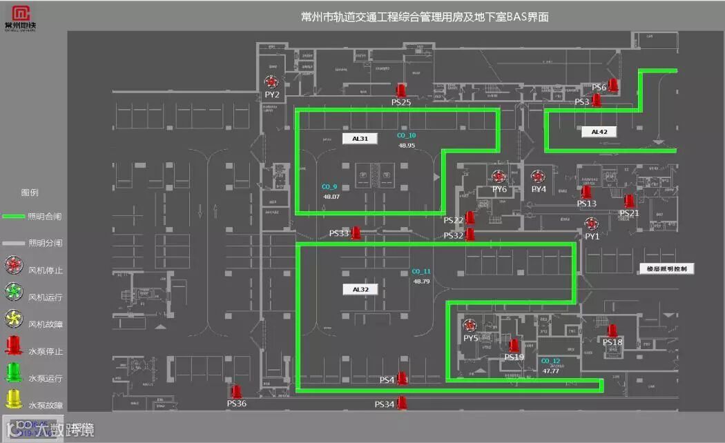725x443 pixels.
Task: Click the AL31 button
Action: pyautogui.click(x=360, y=138)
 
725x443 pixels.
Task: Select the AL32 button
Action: pyautogui.click(x=360, y=289)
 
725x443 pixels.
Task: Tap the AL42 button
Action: pyautogui.click(x=599, y=131)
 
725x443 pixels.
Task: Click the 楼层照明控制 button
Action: pyautogui.click(x=666, y=268)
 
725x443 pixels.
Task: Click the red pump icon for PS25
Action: pyautogui.click(x=400, y=91)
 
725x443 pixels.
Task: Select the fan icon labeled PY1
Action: pyautogui.click(x=592, y=224)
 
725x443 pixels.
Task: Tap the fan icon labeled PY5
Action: pyautogui.click(x=471, y=326)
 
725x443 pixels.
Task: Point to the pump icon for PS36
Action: pyautogui.click(x=236, y=392)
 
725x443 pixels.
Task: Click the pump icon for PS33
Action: pyautogui.click(x=356, y=233)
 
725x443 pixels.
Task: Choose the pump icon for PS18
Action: pyautogui.click(x=612, y=331)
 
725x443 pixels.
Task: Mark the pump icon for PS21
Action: pyautogui.click(x=629, y=201)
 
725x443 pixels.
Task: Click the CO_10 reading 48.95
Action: pyautogui.click(x=406, y=146)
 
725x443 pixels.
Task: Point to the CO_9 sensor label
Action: pyautogui.click(x=329, y=187)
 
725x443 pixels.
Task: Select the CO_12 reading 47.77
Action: pyautogui.click(x=550, y=371)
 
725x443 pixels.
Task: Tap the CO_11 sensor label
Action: pyautogui.click(x=420, y=272)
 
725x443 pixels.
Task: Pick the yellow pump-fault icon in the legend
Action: pyautogui.click(x=14, y=400)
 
